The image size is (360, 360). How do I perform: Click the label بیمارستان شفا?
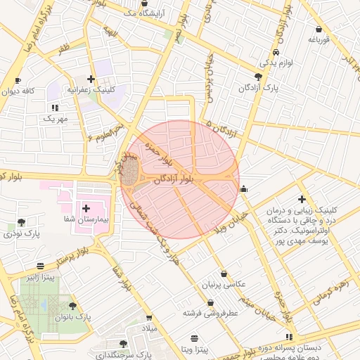click(86, 220)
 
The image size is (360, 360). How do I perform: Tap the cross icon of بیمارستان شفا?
click(86, 208)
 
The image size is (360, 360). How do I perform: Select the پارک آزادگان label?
click(258, 88)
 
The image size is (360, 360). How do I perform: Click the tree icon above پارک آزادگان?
click(258, 76)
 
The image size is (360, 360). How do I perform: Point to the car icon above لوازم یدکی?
click(277, 53)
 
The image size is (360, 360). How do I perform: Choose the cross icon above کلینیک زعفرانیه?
click(91, 79)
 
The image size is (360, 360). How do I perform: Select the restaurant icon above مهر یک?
click(54, 108)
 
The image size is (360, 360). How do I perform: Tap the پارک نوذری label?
click(19, 233)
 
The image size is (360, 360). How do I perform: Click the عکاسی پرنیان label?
click(224, 284)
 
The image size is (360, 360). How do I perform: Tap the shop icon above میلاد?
click(148, 317)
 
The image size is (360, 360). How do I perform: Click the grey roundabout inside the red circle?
click(130, 171)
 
